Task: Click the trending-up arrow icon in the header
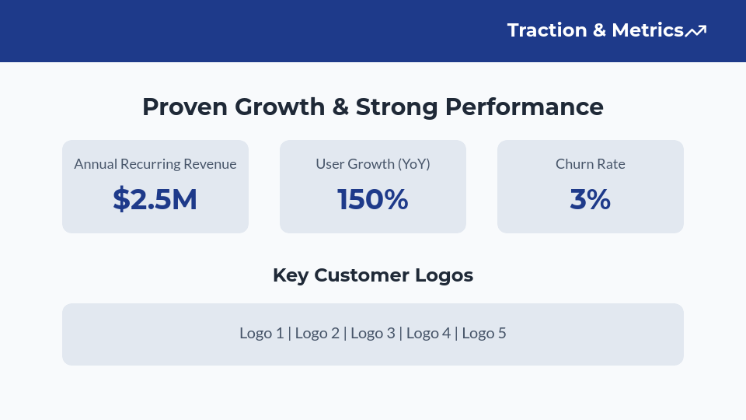point(695,31)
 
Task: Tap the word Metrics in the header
point(647,30)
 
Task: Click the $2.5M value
point(155,200)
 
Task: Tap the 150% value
point(373,200)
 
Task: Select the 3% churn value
point(591,200)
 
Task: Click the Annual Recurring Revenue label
point(155,164)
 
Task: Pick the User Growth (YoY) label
point(373,164)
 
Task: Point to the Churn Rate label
point(591,164)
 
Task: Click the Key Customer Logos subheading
point(373,275)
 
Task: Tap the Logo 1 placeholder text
point(261,334)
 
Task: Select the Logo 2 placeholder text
point(317,334)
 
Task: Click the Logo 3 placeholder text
point(373,334)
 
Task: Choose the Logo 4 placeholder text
point(428,334)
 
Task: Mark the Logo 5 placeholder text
point(484,334)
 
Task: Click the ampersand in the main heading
point(340,107)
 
